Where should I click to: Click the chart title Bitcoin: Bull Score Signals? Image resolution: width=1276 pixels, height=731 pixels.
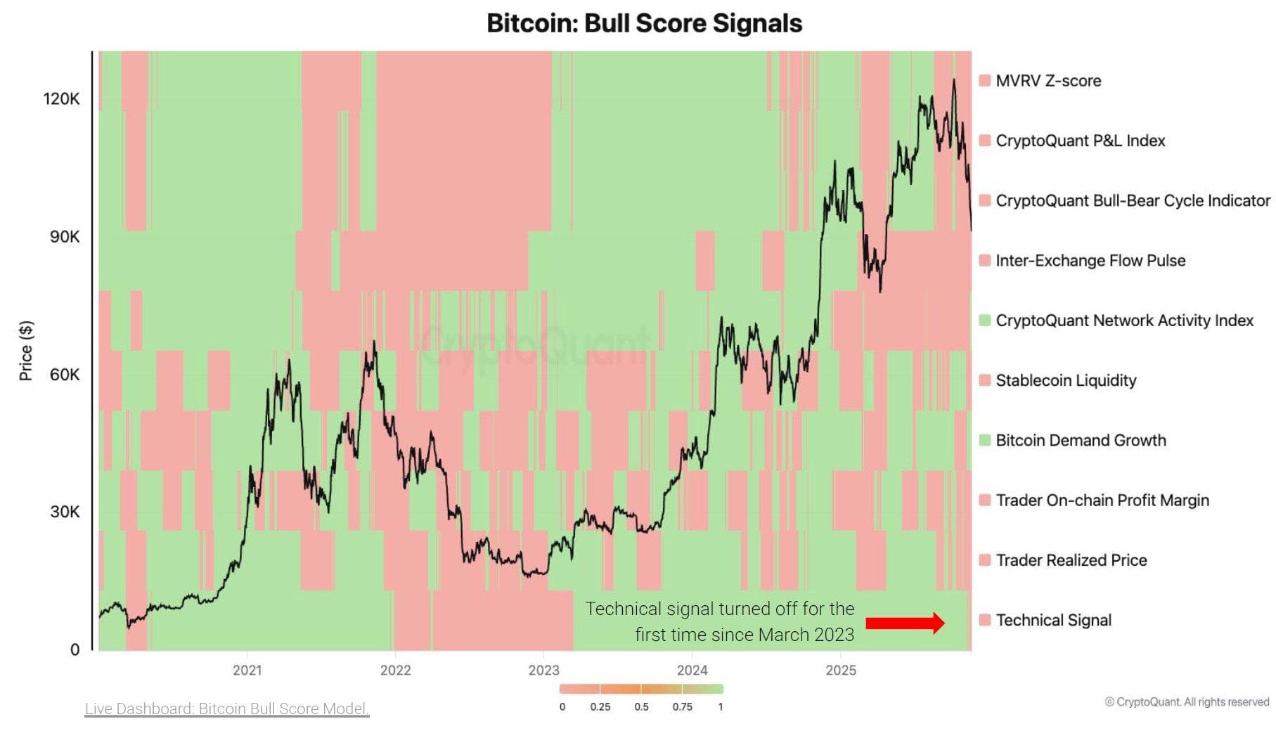pos(644,23)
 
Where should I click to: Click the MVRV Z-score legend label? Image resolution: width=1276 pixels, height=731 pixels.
pos(1048,81)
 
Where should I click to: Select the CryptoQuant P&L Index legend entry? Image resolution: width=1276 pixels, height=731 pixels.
pos(1080,141)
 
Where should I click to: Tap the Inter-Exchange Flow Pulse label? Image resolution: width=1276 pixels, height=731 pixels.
pos(1090,261)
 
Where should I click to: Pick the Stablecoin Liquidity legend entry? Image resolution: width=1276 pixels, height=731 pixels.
pos(1065,380)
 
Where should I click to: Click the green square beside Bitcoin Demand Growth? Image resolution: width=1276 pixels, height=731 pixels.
pos(985,440)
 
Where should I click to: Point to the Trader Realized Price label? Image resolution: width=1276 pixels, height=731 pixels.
pos(1071,560)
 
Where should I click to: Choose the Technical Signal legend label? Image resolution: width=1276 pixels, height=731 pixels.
pos(1053,620)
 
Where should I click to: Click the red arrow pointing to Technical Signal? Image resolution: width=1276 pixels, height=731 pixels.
pos(905,623)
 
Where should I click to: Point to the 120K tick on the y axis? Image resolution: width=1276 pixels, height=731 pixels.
pos(62,98)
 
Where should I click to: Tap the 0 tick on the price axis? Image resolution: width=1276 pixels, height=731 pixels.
pos(75,649)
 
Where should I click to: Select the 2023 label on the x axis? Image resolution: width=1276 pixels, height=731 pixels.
pos(543,670)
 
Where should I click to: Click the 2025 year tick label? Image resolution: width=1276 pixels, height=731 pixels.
pos(840,670)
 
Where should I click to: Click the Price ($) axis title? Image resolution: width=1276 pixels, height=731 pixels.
pos(26,350)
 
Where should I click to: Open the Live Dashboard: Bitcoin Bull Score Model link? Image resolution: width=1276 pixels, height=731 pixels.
pos(226,709)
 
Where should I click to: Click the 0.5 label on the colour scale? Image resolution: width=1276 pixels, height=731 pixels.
pos(641,707)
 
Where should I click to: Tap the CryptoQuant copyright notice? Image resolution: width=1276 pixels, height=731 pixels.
pos(1187,701)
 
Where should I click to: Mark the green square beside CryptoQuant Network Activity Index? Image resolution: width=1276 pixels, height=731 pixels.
pos(985,321)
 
